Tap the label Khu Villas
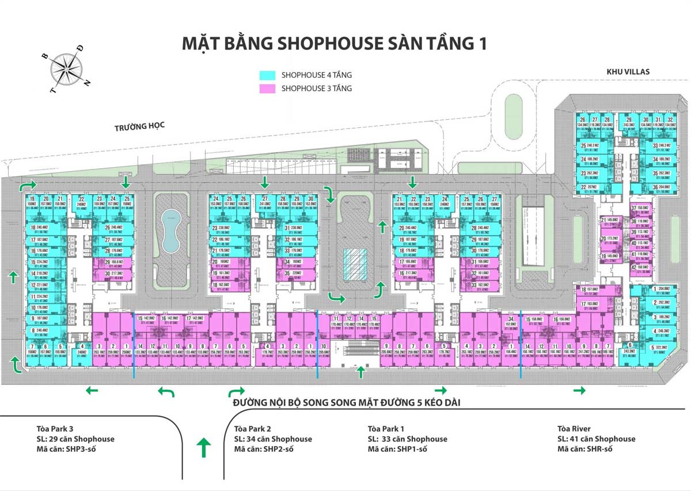pos(628,71)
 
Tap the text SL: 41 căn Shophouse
pos(597,439)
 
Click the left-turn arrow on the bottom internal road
pos(166,392)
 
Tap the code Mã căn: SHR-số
pos(585,449)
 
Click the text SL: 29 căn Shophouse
pos(75,439)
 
